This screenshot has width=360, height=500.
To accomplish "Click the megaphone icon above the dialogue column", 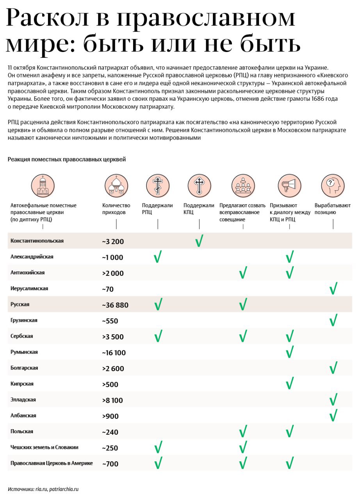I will click(x=289, y=185).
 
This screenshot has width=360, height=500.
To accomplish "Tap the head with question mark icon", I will click(x=333, y=185).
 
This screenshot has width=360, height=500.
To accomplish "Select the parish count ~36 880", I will click(x=115, y=305).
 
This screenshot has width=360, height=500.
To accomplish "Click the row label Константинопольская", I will click(x=37, y=241).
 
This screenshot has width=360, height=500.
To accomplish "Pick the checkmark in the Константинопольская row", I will click(x=199, y=241).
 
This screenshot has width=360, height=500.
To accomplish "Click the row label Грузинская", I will click(x=24, y=320).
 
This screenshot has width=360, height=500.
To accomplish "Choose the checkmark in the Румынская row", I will click(x=289, y=352).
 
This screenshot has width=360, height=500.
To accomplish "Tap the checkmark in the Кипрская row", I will click(x=289, y=384).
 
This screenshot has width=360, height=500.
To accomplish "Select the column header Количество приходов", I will click(x=116, y=209).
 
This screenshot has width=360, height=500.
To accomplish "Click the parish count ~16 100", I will click(x=114, y=353).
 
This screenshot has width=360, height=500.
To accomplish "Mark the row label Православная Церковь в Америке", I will click(x=52, y=463).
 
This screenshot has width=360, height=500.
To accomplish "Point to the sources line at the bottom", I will click(x=43, y=489).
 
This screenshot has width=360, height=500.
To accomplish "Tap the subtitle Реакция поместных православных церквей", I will click(x=66, y=159).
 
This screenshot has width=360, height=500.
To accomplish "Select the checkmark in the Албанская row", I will click(x=333, y=416).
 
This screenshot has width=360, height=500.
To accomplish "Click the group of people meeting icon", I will click(x=243, y=185).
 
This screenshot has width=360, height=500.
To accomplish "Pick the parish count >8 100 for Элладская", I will click(x=112, y=400).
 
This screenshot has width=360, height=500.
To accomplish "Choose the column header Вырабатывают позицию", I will click(x=332, y=209).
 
